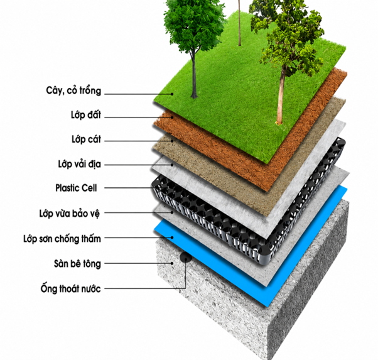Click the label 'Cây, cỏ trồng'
point(73,91)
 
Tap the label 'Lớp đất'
point(86,115)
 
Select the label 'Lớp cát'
point(86,139)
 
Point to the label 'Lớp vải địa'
point(79,165)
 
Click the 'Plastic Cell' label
point(76,188)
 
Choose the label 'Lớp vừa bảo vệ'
point(70,214)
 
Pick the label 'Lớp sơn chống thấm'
point(62,239)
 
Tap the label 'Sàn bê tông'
point(77,263)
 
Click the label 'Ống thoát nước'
point(70,288)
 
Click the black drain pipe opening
point(186,257)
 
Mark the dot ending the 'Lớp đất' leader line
point(172,117)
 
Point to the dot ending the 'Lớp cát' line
point(172,141)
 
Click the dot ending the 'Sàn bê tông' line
point(172,263)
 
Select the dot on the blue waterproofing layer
point(172,237)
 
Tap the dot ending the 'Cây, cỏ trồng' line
point(172,94)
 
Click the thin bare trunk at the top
point(239,23)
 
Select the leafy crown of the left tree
point(194,24)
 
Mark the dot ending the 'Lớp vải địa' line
point(172,165)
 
